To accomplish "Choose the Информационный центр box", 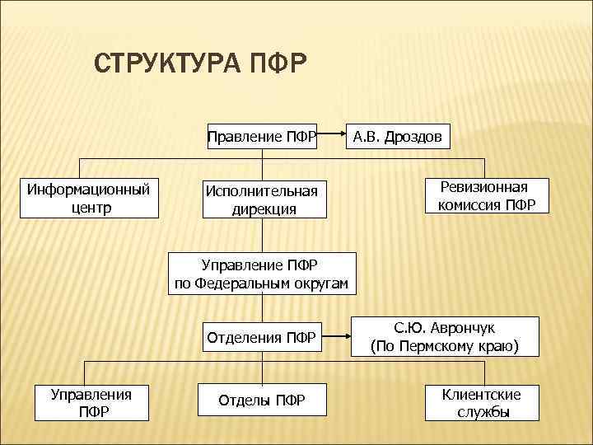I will coord(89,198).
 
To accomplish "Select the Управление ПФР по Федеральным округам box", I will coord(262,274).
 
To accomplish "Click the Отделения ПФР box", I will coord(261,337).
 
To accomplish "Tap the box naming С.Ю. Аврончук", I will coord(445,337).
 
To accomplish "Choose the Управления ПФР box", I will coord(86,401).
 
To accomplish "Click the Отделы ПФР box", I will coord(262,400).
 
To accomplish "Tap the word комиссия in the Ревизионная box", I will coord(469,206).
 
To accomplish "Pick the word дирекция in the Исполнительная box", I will coord(263,209).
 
